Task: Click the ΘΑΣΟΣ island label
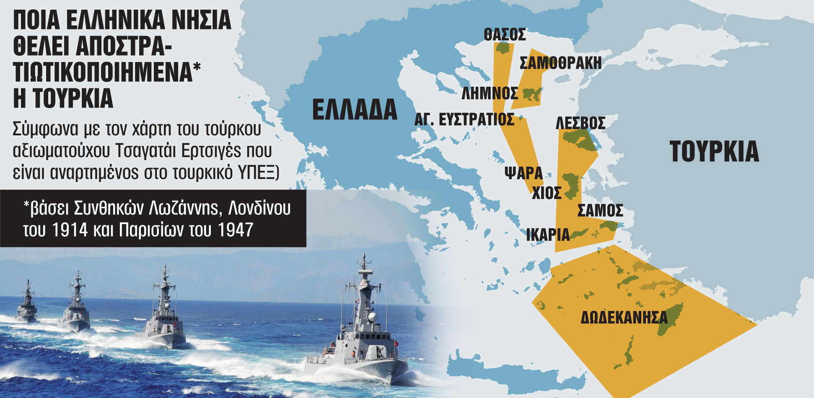tap(505, 35)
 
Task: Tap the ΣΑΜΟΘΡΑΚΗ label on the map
tap(560, 63)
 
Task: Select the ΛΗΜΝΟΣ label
tap(490, 93)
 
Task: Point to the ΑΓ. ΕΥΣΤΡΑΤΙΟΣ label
tap(464, 120)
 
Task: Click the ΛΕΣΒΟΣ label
tap(581, 123)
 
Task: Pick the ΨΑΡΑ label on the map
tap(524, 173)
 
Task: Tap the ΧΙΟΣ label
tap(547, 193)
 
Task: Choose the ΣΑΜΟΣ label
tap(600, 211)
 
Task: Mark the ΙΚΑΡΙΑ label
tap(548, 235)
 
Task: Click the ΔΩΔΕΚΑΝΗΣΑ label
tap(624, 318)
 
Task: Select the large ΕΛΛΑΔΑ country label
tap(355, 110)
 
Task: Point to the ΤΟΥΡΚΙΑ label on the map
tap(714, 152)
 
